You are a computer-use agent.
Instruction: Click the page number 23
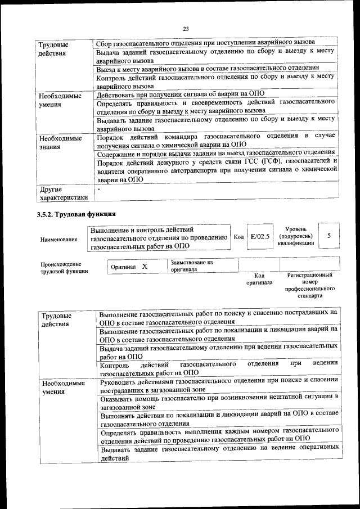186,29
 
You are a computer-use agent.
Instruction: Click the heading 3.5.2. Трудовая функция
76,214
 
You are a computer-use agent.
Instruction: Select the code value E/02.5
260,237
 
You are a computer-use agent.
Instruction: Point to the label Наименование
59,240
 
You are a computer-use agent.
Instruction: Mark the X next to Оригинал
145,266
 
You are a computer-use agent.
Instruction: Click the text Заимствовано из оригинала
192,266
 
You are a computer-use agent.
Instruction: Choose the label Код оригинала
259,279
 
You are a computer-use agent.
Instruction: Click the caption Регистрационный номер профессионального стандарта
309,285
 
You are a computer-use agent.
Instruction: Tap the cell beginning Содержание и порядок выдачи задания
216,153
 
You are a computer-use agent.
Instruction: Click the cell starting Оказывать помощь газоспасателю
219,401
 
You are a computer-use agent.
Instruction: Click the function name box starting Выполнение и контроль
159,237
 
